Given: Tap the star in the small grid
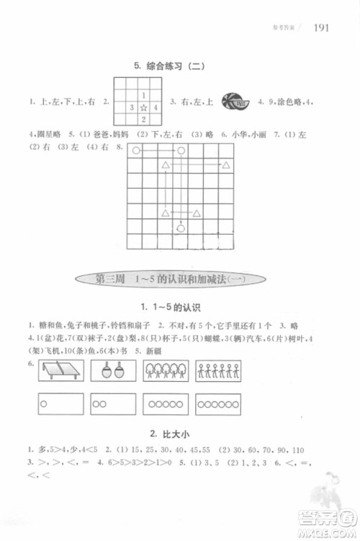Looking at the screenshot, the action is [143, 107].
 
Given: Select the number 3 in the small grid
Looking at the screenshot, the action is [131, 107].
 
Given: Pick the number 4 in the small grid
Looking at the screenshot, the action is [156, 107].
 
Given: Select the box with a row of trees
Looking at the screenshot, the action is [166, 371].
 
